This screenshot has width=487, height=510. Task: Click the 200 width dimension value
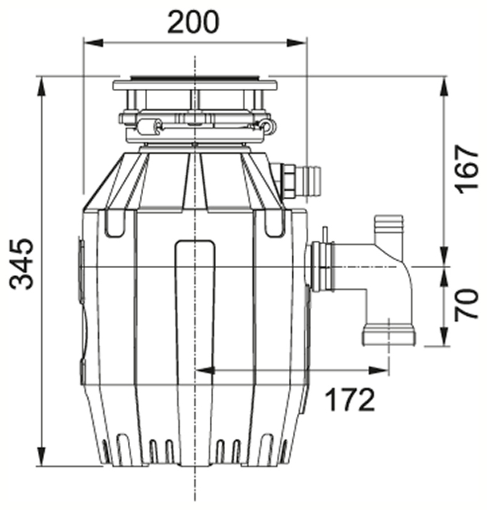click(194, 22)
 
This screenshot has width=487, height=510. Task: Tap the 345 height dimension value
click(21, 264)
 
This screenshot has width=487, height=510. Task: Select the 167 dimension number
click(466, 170)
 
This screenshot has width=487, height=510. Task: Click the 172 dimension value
click(350, 400)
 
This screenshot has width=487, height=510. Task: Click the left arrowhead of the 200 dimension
click(93, 42)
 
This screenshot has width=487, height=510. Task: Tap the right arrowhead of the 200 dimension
click(296, 42)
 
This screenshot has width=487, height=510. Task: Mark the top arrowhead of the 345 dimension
click(41, 86)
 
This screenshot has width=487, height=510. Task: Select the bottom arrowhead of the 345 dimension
click(41, 456)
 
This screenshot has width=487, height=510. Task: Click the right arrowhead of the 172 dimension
click(379, 370)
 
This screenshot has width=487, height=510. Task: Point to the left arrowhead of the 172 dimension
click(205, 370)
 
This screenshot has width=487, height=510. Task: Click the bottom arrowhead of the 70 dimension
click(445, 337)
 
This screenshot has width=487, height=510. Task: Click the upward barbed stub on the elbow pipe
click(389, 227)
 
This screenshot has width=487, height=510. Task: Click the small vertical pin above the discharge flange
click(324, 235)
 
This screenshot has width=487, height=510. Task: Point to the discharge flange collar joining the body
click(321, 266)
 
